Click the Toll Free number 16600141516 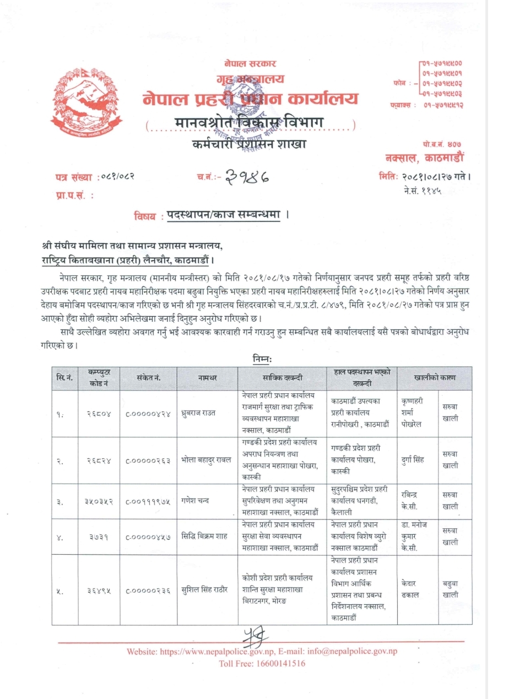(262, 663)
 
